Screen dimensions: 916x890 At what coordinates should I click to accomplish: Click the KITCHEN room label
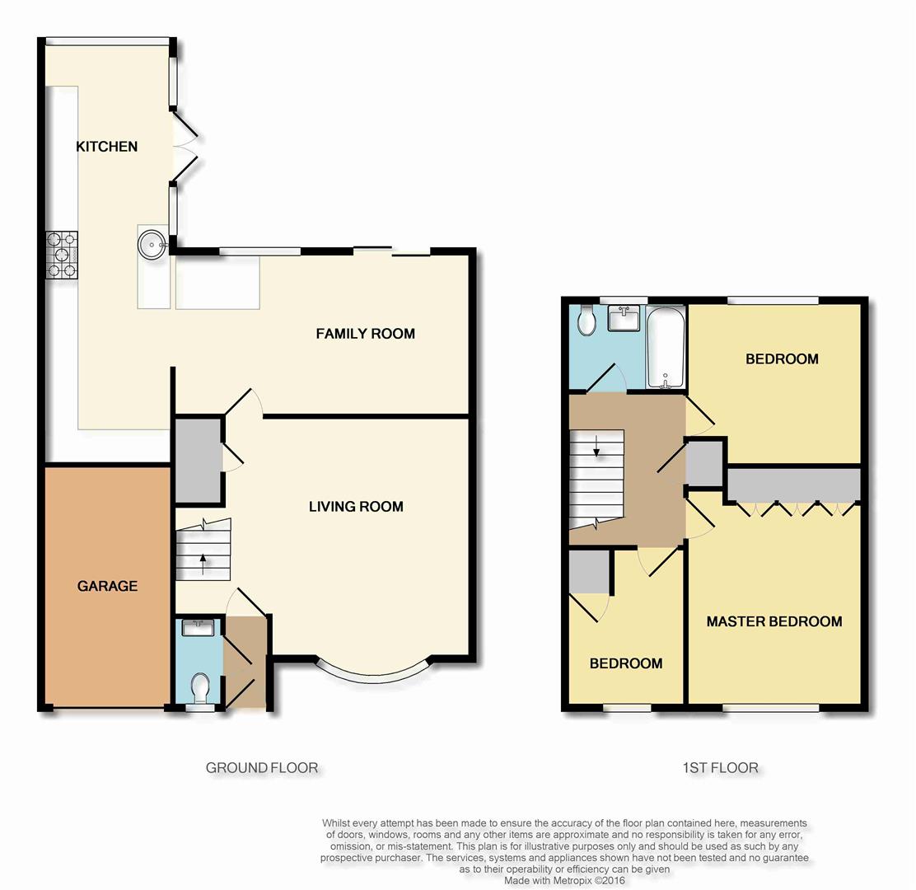point(107,146)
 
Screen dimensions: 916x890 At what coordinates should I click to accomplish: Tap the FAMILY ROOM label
point(366,334)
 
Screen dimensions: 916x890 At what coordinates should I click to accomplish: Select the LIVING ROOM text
point(357,507)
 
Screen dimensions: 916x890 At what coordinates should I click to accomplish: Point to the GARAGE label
point(107,586)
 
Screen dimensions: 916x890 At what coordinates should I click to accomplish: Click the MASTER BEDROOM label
point(774,621)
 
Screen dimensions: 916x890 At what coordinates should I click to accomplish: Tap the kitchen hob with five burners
point(62,255)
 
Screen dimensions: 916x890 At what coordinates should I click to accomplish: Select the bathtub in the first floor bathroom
point(666,347)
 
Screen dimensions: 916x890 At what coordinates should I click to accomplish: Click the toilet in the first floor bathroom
point(586,321)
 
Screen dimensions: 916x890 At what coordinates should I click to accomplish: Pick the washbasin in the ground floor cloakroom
point(199,628)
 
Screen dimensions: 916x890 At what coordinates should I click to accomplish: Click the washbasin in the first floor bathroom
point(624,318)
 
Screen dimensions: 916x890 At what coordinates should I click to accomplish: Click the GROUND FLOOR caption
point(262,768)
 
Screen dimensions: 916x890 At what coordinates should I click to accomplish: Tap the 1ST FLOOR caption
point(720,768)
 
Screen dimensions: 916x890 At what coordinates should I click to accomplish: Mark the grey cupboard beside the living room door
point(198,459)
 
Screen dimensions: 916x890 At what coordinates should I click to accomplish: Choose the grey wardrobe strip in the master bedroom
point(794,484)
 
